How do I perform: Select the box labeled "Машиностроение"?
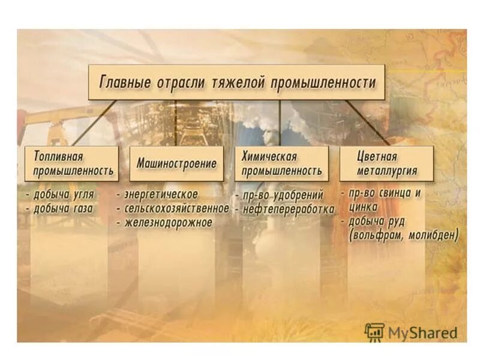176,163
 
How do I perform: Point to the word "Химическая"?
269,157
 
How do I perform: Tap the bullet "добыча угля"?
64,195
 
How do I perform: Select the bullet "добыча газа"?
64,209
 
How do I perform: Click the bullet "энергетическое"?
160,195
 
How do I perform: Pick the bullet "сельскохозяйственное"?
176,209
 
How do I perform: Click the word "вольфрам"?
377,235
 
